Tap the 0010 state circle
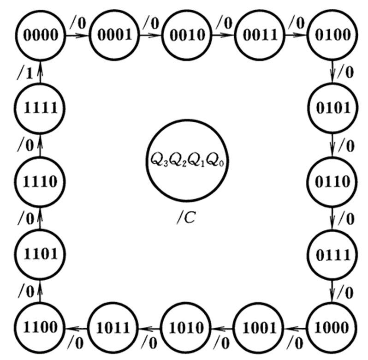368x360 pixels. pos(185,35)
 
